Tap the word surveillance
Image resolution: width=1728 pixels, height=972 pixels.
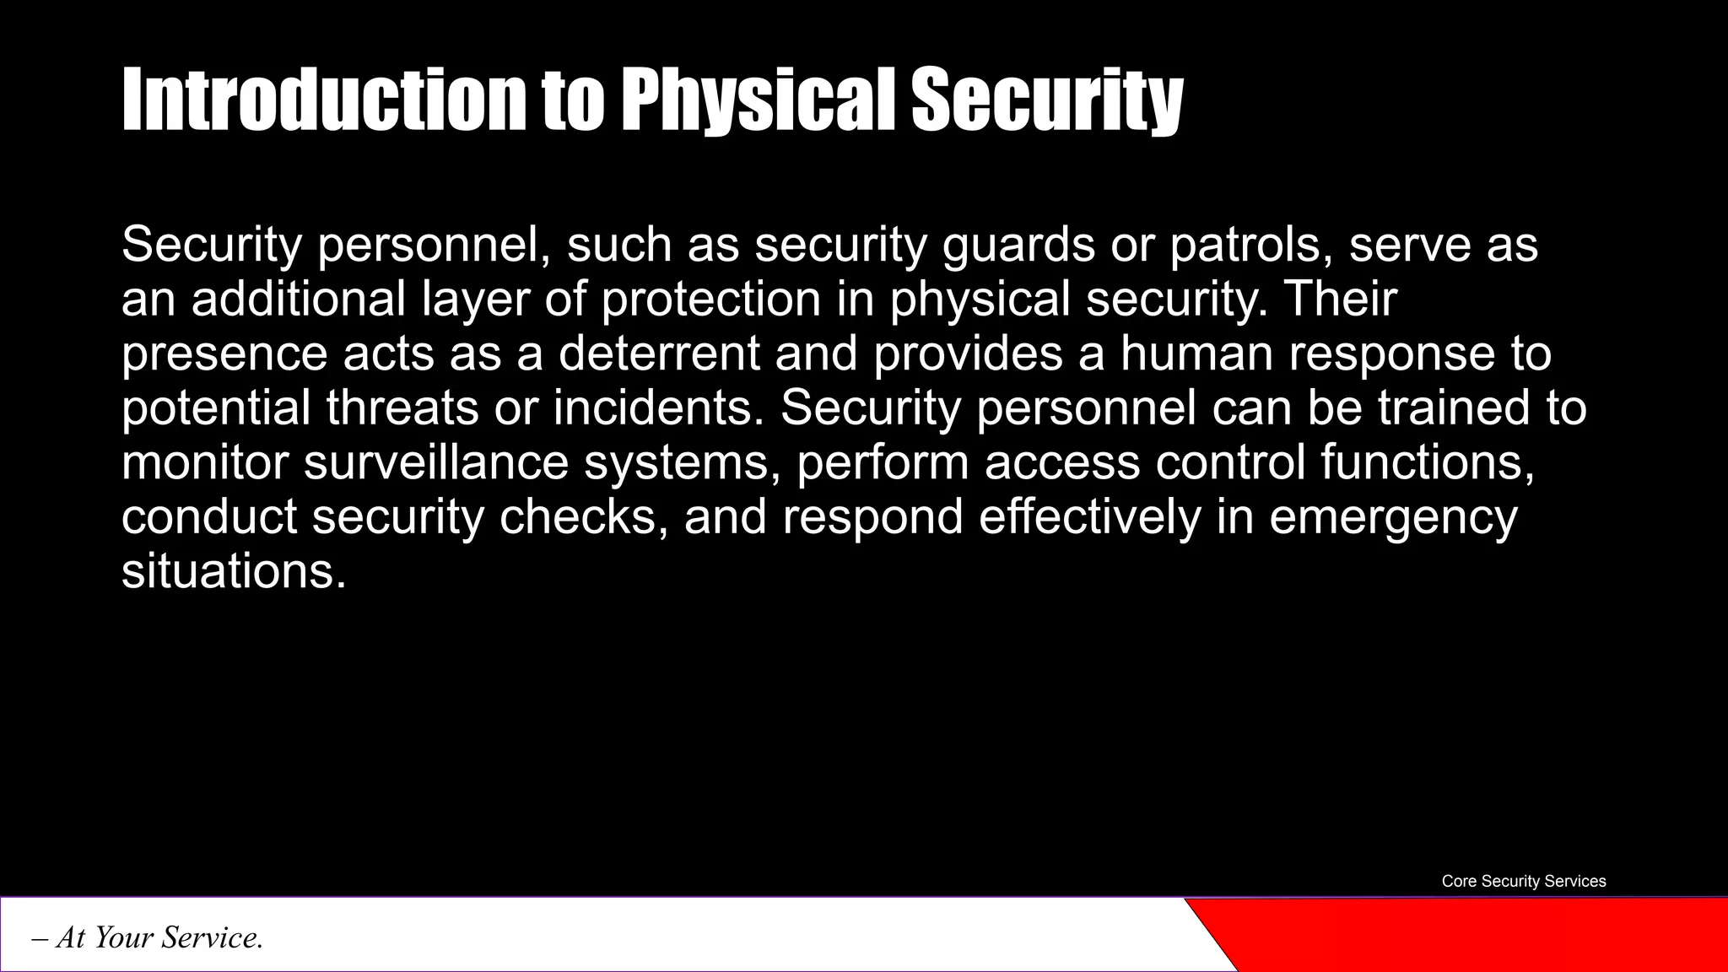[436, 462]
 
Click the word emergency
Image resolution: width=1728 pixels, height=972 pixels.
[1393, 516]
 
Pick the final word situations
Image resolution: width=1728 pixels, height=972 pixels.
[234, 571]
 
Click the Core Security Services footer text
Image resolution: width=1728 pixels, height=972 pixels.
[1523, 881]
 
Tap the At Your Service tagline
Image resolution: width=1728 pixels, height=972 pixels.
[148, 937]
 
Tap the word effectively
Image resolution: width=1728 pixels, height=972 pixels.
[1089, 516]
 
